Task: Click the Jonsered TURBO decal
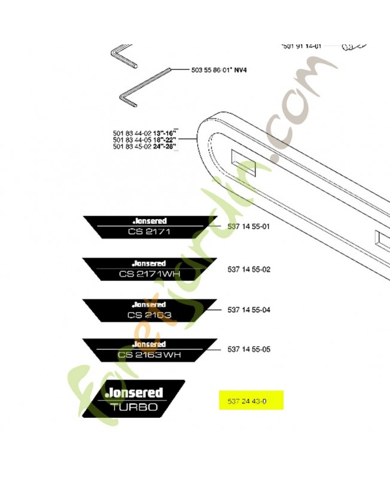pyautogui.click(x=138, y=399)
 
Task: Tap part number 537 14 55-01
pyautogui.click(x=249, y=228)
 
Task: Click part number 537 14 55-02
pyautogui.click(x=249, y=269)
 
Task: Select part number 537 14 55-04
pyautogui.click(x=249, y=310)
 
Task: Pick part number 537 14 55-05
pyautogui.click(x=249, y=349)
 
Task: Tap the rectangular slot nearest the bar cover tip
pyautogui.click(x=243, y=164)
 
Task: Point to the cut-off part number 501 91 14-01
pyautogui.click(x=302, y=46)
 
